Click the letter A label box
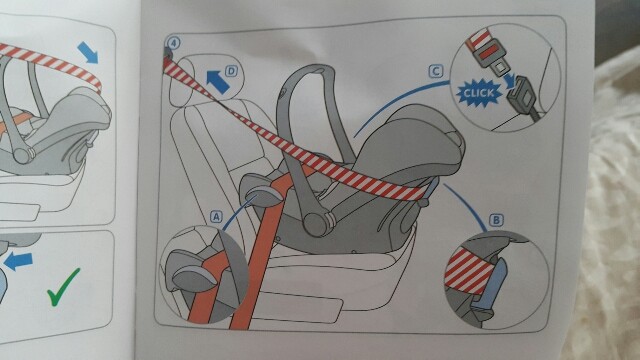tap(216, 216)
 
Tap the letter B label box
tap(496, 220)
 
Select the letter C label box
tap(436, 71)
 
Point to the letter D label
tap(231, 71)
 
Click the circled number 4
tap(173, 42)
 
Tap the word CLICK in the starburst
tap(478, 93)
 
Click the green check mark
tap(63, 287)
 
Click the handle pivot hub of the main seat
tap(316, 224)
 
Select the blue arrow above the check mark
tap(18, 261)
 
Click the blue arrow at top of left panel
tap(88, 53)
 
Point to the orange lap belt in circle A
tap(207, 286)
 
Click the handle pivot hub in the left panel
tap(23, 155)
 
